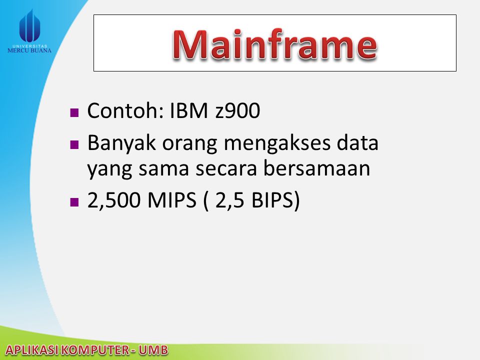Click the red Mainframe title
click(274, 44)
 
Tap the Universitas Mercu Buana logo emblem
click(29, 26)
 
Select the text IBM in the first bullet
click(188, 110)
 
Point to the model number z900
click(238, 111)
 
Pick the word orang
click(189, 144)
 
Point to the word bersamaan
click(317, 167)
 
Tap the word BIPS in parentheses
click(272, 200)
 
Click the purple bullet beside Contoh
click(74, 112)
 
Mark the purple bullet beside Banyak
click(74, 144)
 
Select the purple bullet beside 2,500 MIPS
click(74, 202)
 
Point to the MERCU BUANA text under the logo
click(29, 50)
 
